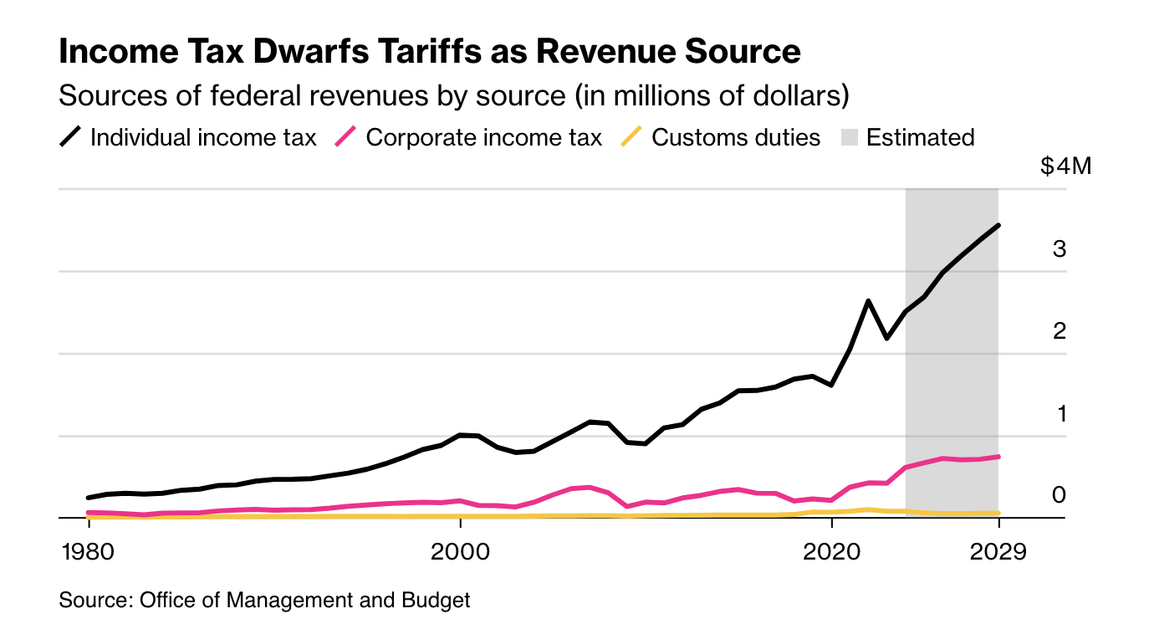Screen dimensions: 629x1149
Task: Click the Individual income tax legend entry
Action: [203, 137]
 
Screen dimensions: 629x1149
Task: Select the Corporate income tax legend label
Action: [483, 137]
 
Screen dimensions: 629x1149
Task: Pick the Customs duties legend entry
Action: [736, 137]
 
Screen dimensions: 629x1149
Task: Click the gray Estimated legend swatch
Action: [850, 137]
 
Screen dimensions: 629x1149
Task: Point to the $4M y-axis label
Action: [1065, 166]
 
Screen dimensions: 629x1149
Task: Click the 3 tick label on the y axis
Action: [1060, 248]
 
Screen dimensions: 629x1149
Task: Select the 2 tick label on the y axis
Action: [1060, 331]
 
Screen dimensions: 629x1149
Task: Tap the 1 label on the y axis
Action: [1060, 413]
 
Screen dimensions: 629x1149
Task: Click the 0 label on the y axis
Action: [1060, 495]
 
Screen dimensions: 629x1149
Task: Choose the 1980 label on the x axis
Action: [88, 553]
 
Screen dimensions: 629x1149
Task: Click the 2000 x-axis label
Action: [460, 553]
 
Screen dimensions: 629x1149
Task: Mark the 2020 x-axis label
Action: [831, 553]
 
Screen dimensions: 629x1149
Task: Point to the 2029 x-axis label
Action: [998, 553]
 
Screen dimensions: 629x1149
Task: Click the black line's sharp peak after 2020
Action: [869, 300]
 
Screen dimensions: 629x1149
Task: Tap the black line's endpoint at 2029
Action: [998, 225]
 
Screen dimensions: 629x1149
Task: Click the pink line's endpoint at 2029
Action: [998, 457]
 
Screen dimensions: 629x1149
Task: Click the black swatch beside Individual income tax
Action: [71, 137]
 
